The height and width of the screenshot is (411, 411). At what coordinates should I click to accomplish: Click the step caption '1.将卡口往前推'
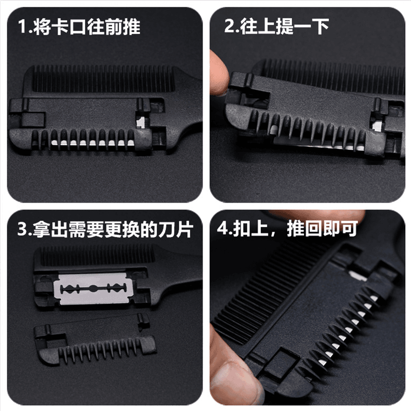79,27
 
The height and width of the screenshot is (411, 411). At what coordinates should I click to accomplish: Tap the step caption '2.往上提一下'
276,26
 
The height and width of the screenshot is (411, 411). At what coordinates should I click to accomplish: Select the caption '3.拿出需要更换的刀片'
106,230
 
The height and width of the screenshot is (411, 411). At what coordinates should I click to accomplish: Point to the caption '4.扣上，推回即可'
288,228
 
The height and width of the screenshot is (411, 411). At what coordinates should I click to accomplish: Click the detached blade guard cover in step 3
95,339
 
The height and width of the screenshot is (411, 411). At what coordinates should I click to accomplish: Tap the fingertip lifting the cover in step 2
219,72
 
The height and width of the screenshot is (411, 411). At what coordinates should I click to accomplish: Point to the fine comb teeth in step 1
103,79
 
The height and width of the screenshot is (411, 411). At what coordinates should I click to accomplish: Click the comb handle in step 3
178,278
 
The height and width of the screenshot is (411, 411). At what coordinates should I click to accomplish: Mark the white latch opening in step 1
141,122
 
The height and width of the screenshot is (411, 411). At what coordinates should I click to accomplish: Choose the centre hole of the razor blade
93,289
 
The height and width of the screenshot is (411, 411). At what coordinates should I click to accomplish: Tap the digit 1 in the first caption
22,27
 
